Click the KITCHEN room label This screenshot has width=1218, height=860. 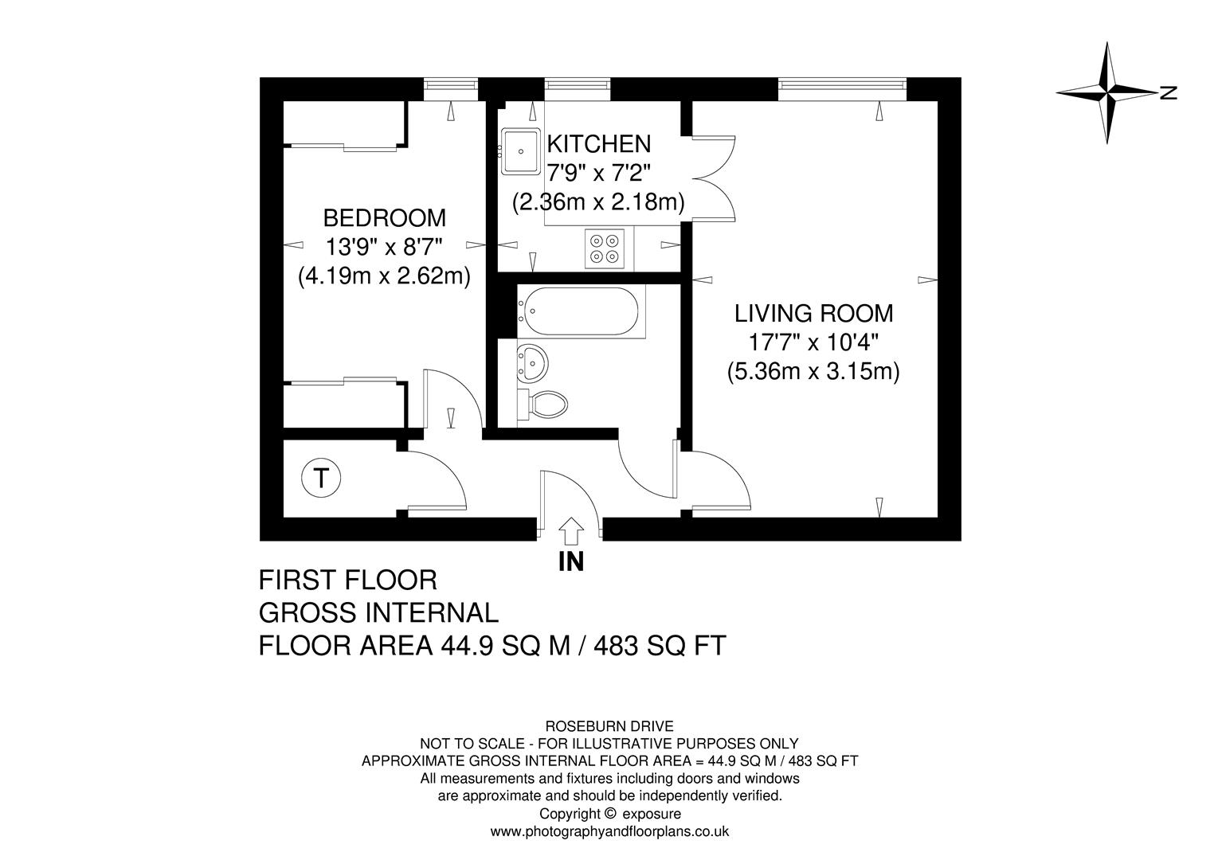click(598, 144)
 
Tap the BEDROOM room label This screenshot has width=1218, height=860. click(384, 217)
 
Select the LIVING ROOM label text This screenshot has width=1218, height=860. click(813, 313)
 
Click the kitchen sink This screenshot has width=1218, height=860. click(521, 150)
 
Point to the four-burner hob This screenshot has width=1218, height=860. click(605, 247)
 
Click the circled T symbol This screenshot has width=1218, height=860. click(321, 479)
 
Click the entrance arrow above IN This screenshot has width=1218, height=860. click(570, 530)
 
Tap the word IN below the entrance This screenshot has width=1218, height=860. click(570, 562)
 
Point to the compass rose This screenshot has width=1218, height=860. click(1107, 93)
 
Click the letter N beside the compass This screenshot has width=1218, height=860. click(1169, 93)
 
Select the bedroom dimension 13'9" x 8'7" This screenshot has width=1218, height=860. click(384, 247)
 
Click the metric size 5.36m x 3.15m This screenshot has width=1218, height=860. click(813, 372)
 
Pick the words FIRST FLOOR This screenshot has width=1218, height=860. click(348, 580)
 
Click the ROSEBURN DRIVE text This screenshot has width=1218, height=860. click(609, 726)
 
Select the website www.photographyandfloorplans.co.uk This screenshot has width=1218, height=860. click(609, 831)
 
